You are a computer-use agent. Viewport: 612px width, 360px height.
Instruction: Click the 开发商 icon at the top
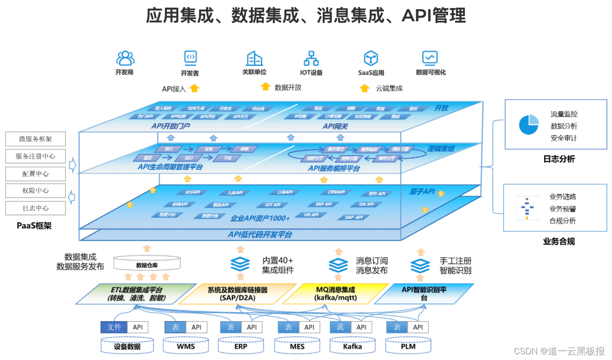125,58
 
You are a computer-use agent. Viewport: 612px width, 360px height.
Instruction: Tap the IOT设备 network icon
311,58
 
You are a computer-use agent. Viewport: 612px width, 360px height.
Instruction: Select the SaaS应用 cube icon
371,58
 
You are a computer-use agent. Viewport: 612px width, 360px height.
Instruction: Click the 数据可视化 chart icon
430,58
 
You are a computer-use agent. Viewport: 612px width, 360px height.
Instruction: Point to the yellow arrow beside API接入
194,88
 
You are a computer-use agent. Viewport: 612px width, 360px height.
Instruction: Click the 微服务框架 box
36,139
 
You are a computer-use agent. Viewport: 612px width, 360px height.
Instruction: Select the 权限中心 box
36,191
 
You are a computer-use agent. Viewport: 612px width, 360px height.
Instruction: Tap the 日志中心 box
36,208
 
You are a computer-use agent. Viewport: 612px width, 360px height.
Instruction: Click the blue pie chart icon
529,125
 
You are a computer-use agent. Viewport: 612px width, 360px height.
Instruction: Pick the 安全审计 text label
564,138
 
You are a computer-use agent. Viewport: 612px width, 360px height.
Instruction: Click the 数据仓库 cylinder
147,264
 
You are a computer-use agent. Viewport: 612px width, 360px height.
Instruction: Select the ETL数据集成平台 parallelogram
137,294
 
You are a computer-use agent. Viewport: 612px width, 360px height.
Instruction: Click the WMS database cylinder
186,346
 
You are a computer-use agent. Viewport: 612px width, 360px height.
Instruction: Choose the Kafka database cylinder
352,346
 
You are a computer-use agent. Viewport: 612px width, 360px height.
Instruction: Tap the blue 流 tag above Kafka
340,327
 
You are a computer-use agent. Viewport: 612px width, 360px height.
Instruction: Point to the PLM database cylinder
408,346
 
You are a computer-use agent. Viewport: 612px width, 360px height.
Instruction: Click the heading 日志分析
559,159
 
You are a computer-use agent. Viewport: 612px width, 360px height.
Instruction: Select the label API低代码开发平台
260,234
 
